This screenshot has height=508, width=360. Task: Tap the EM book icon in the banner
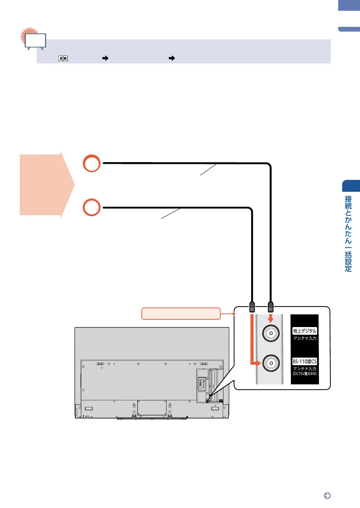tap(63, 59)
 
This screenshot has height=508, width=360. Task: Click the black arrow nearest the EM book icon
tap(105, 59)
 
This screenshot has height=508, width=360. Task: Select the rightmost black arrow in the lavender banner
tap(172, 59)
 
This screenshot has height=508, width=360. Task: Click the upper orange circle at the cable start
tap(92, 163)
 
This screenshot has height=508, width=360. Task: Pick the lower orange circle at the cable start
tap(92, 207)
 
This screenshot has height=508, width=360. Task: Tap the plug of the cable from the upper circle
tap(270, 307)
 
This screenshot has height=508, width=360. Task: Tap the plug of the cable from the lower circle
tap(252, 307)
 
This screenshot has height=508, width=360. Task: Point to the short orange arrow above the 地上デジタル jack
tap(270, 318)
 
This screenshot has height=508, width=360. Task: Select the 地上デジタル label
tap(305, 331)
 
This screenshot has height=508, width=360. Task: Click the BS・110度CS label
tap(305, 362)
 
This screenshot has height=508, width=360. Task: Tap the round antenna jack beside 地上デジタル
tap(271, 333)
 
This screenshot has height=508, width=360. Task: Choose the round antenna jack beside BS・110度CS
tap(271, 363)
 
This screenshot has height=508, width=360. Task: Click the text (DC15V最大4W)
tap(305, 374)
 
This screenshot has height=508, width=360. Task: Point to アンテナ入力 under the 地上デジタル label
tap(305, 338)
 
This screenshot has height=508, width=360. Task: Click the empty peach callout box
tap(181, 313)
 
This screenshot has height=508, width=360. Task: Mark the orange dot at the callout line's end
tap(234, 313)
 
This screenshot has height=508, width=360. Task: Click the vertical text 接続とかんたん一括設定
tap(348, 234)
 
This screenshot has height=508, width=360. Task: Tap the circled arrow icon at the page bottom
tap(327, 496)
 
